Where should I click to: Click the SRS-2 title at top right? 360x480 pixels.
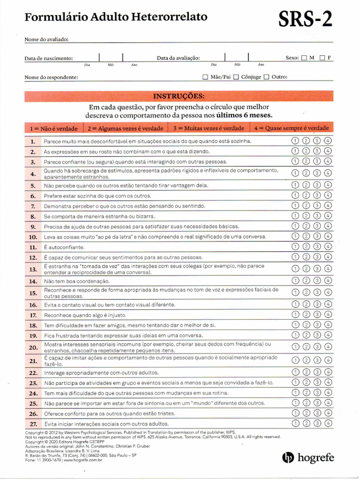point(306,20)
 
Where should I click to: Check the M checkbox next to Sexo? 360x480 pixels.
point(304,58)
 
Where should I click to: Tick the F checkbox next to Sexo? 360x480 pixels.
point(322,58)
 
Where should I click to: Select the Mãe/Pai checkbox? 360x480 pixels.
point(205,77)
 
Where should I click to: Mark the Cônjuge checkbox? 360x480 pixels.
point(236,77)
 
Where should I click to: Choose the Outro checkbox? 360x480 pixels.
point(266,77)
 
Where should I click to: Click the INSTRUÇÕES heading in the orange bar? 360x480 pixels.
point(179,97)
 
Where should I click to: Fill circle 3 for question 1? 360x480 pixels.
point(317,141)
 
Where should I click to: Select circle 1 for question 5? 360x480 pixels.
point(295,185)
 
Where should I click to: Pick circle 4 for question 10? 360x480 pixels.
point(328,236)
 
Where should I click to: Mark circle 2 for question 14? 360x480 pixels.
point(306,281)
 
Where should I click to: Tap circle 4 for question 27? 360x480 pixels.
point(328,423)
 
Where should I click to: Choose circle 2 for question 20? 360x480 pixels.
point(306,347)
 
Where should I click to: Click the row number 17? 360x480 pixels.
point(33,315)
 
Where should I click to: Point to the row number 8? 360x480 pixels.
point(33,217)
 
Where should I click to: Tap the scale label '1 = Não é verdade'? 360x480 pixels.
point(53,128)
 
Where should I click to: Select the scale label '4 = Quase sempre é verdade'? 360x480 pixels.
point(292,128)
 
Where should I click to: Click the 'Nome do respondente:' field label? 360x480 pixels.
point(51,77)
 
